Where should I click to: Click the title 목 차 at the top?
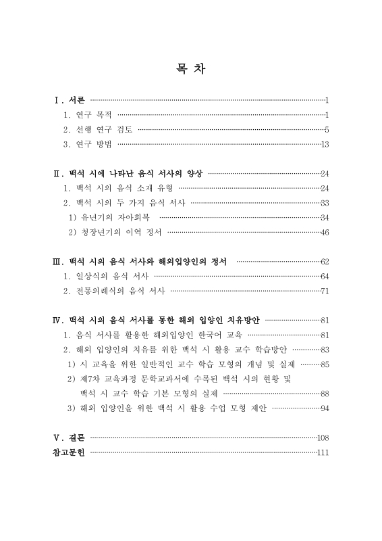191,69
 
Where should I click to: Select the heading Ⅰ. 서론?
70,101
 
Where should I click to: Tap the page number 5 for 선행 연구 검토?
326,129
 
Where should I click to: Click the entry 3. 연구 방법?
88,144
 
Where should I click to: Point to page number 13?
325,144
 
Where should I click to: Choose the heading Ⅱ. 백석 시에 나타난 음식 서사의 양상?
128,173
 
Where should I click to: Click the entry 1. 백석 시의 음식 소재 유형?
118,188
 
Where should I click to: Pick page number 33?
325,203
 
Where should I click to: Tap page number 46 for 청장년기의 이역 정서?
325,232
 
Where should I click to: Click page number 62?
325,261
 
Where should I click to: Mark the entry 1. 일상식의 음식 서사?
106,276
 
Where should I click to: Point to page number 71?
325,291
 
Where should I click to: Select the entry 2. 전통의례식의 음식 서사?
114,291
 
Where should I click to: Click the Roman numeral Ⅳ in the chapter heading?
58,320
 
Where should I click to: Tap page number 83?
325,350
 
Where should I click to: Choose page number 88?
325,393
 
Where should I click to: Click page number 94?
325,408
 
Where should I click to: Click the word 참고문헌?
69,452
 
